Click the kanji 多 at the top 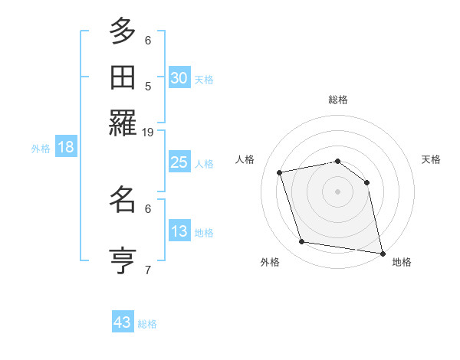point(122,31)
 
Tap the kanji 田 point(122,77)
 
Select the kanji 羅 point(122,123)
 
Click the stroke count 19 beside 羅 point(147,132)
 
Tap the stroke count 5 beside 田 point(148,86)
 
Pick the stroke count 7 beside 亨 point(148,270)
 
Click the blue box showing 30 point(179,77)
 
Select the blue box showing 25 point(179,162)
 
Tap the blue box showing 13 point(179,231)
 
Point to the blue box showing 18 point(66,147)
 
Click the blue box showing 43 point(123,322)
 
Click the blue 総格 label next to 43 point(147,324)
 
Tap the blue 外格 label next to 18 point(41,149)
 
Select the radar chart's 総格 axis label point(338,100)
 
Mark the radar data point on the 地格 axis point(382,252)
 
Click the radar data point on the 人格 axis point(281,172)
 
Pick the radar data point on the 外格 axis point(302,242)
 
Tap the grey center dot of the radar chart point(338,191)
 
